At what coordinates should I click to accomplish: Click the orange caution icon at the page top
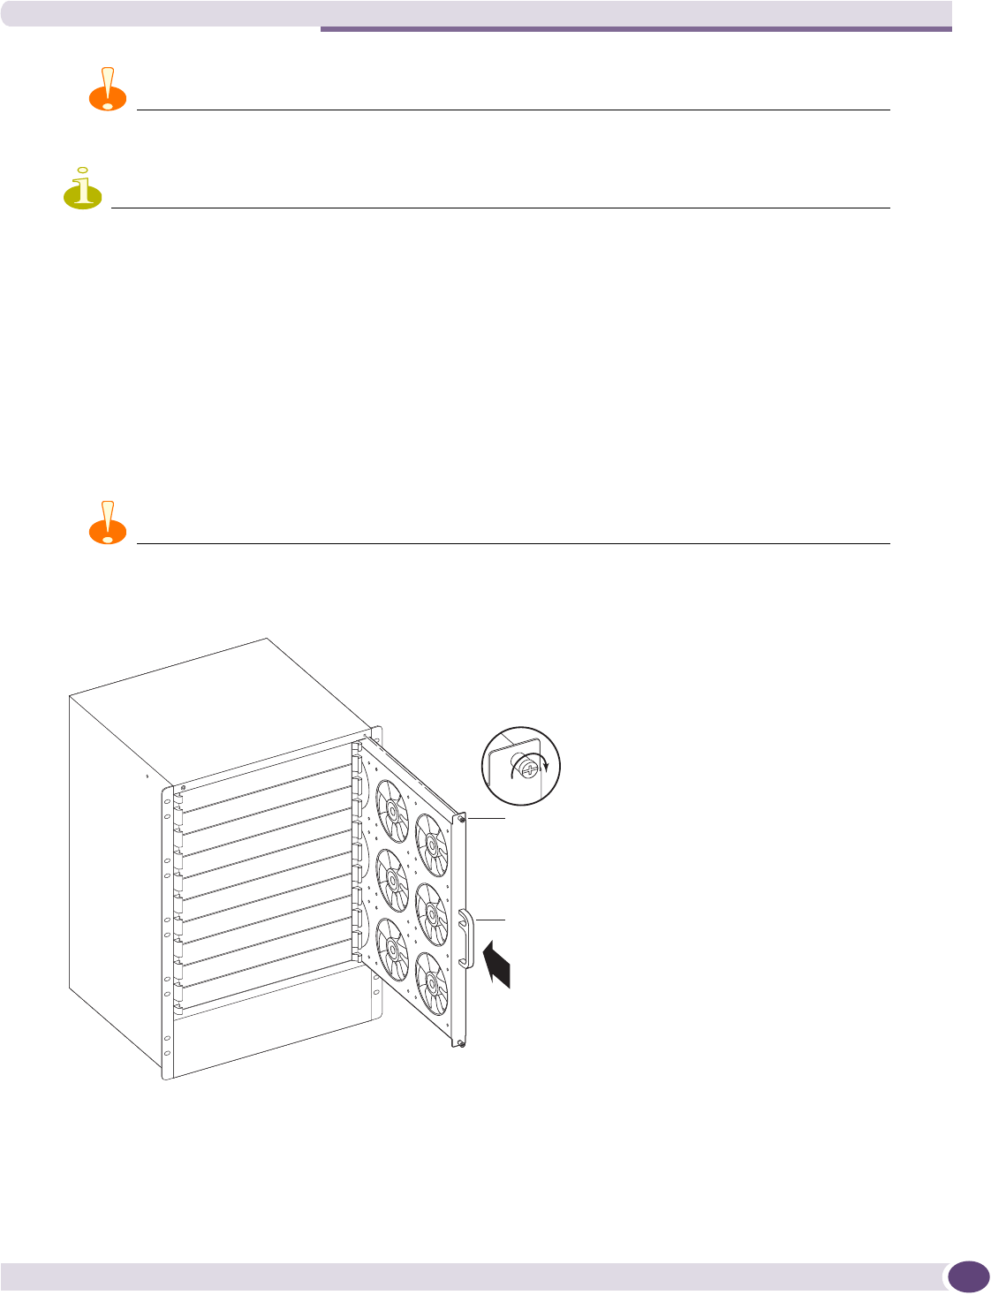(107, 88)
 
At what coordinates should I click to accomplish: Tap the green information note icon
(82, 188)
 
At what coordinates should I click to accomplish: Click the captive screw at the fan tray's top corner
(462, 820)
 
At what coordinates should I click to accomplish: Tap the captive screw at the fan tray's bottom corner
(462, 1044)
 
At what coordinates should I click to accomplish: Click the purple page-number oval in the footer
(967, 1276)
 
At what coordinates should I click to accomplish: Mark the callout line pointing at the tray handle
(491, 921)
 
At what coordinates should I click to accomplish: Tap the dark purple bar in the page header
(636, 29)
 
